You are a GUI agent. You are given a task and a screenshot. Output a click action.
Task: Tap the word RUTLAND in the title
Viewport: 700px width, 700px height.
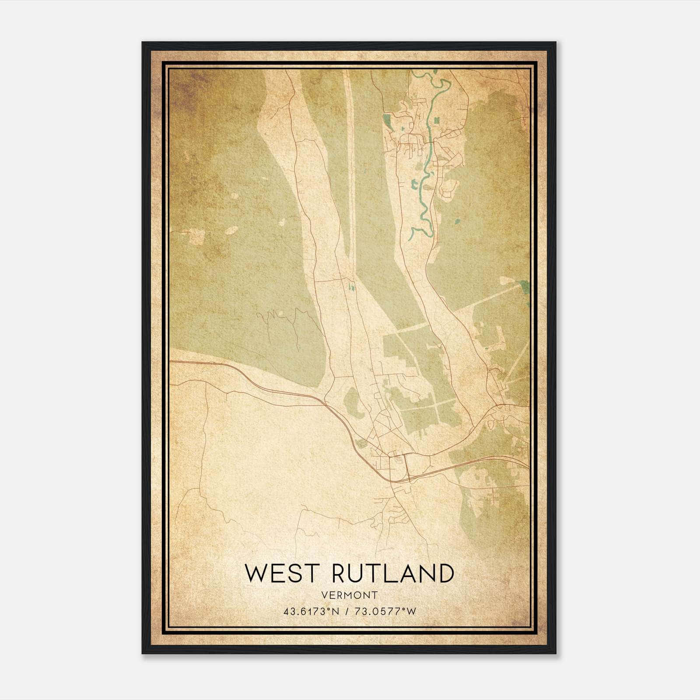click(393, 574)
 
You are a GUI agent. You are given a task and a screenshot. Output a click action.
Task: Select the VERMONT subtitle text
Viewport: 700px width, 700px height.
click(349, 595)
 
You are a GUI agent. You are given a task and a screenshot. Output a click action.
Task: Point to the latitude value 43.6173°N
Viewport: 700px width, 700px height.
click(311, 611)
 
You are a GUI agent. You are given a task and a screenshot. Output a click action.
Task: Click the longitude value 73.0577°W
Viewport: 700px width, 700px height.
click(386, 611)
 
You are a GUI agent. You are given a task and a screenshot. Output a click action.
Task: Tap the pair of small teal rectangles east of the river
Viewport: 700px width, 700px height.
click(437, 120)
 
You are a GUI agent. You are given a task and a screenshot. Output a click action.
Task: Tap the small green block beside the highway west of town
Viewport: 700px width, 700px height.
click(361, 444)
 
